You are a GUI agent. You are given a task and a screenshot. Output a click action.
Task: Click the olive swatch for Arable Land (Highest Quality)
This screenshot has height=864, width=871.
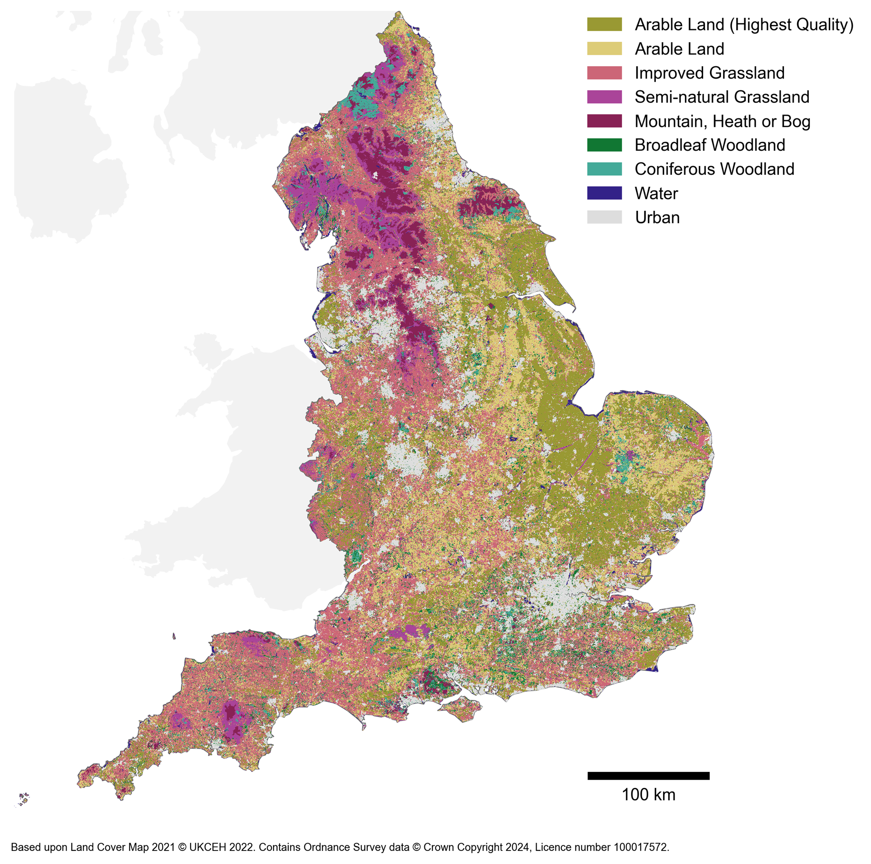(x=604, y=24)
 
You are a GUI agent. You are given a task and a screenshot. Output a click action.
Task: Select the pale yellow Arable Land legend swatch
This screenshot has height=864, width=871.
(x=604, y=49)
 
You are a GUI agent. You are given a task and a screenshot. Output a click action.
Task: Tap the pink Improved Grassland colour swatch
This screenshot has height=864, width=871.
(x=604, y=73)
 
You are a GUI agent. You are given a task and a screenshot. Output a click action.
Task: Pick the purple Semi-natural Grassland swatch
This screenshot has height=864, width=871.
(x=604, y=97)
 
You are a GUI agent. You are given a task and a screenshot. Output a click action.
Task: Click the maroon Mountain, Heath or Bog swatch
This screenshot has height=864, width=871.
(x=604, y=121)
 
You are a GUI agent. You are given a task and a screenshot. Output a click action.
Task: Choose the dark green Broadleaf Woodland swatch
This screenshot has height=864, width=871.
(x=604, y=145)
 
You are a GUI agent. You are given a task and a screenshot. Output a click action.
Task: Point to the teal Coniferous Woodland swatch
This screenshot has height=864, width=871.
(x=604, y=169)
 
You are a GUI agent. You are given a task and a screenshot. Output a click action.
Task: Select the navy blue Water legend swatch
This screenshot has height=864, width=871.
(x=604, y=193)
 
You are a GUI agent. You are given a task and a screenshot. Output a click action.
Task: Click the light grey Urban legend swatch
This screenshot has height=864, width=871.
(x=604, y=217)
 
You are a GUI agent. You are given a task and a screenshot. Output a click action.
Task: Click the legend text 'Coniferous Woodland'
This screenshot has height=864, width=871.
(x=714, y=170)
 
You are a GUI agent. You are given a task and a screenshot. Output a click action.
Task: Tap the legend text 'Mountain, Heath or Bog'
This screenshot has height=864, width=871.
(x=722, y=121)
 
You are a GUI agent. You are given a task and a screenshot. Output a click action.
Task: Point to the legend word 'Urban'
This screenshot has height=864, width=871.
(x=657, y=218)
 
